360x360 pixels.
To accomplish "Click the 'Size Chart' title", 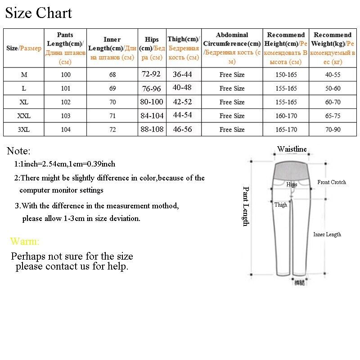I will [38, 13].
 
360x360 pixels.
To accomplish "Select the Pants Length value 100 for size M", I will [66, 75].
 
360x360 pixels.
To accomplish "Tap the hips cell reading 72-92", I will [152, 74].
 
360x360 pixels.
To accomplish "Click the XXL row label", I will [24, 116].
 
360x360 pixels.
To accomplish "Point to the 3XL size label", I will [24, 130].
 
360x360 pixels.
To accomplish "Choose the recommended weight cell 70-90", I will [333, 130].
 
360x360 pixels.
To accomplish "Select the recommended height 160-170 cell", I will [286, 116].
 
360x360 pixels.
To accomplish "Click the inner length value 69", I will [112, 89].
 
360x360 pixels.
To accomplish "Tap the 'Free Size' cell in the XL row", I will [232, 102].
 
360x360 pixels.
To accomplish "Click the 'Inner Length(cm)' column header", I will [112, 48].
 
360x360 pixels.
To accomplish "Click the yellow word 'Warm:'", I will [24, 242].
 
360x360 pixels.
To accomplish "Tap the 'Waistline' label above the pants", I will [292, 149].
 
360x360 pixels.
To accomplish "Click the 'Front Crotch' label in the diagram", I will [332, 182].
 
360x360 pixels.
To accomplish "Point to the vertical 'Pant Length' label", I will [246, 207].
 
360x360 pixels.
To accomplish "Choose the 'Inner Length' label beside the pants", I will [327, 234].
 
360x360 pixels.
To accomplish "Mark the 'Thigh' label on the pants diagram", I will [281, 205].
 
